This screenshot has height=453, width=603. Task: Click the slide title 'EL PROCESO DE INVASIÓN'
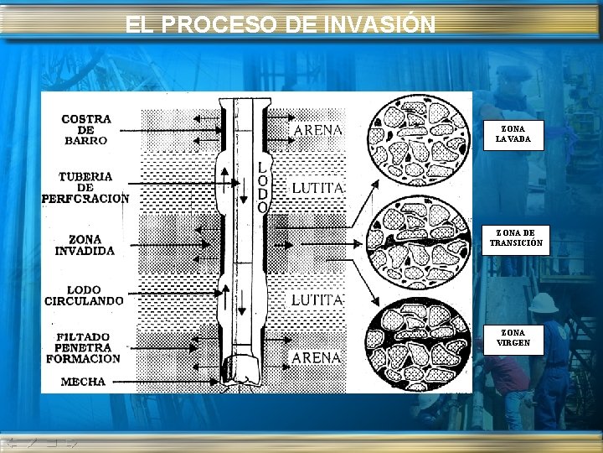click(x=281, y=24)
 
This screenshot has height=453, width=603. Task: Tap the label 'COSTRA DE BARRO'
click(x=85, y=130)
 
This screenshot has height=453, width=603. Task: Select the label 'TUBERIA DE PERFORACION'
click(x=85, y=188)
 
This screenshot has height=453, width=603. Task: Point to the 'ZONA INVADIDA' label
click(x=85, y=245)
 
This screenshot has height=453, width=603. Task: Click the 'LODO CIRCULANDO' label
click(x=84, y=294)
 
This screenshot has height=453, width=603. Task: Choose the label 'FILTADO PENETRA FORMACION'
click(x=84, y=347)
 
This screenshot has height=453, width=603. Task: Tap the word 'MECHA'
click(x=84, y=382)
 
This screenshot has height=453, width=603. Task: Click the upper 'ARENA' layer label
click(x=317, y=130)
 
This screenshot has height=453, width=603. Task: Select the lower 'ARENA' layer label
click(x=316, y=357)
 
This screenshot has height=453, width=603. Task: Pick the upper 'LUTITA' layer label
click(x=317, y=188)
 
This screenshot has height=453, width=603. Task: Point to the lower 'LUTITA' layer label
click(x=317, y=299)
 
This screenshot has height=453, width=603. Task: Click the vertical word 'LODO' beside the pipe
click(x=263, y=187)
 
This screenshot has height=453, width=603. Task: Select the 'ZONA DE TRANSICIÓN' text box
click(x=516, y=237)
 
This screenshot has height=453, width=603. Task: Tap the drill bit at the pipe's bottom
click(x=247, y=369)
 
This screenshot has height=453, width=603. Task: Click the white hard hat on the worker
click(x=543, y=302)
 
